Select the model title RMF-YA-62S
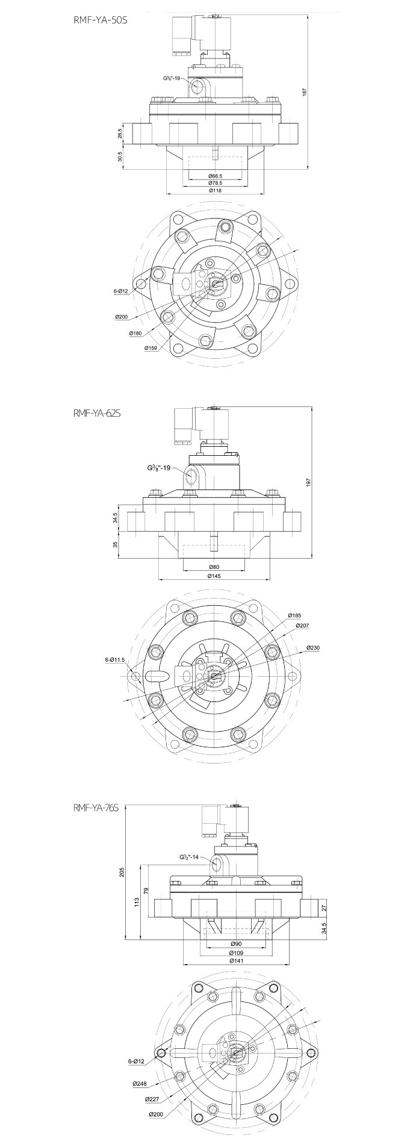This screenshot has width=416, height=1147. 97,413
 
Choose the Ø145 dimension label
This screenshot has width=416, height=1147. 215,576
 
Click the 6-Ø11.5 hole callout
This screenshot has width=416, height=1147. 114,659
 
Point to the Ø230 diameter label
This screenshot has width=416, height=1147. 313,647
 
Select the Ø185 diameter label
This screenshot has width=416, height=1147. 295,615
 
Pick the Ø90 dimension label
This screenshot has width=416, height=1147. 236,943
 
